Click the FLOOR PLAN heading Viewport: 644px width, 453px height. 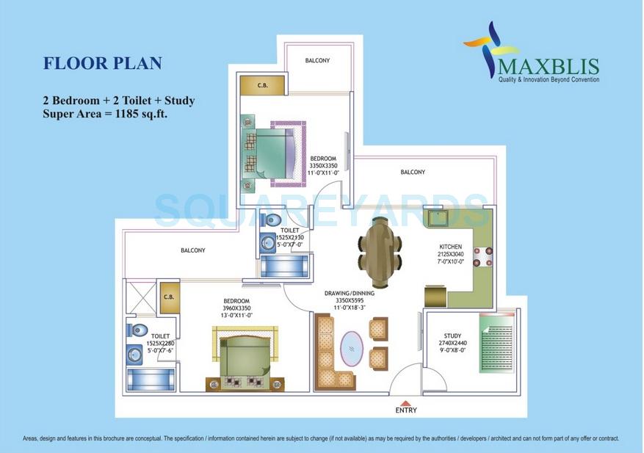point(102,63)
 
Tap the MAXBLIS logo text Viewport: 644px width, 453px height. point(549,66)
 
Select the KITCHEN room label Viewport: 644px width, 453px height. point(450,247)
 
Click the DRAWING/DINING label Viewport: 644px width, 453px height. point(350,293)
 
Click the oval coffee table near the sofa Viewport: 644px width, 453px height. point(352,349)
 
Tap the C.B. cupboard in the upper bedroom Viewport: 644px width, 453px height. point(261,85)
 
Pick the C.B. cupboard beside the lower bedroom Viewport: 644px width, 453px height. point(168,297)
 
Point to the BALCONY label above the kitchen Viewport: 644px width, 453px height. point(413,173)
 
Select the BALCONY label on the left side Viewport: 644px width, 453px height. point(192,250)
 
